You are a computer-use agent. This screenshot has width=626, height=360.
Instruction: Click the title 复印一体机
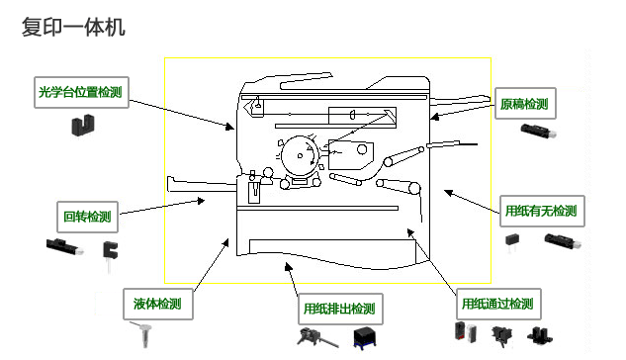pyautogui.click(x=73, y=27)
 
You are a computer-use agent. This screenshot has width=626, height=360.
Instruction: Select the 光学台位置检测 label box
pyautogui.click(x=81, y=92)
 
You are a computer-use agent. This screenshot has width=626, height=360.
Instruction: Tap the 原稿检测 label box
pyautogui.click(x=525, y=104)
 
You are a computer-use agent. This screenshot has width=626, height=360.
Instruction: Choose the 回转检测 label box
pyautogui.click(x=87, y=217)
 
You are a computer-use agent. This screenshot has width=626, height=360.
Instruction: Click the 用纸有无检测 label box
pyautogui.click(x=542, y=211)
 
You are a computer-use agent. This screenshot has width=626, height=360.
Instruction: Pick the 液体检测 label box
pyautogui.click(x=158, y=304)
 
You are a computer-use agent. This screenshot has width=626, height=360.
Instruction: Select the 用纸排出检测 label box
pyautogui.click(x=340, y=309)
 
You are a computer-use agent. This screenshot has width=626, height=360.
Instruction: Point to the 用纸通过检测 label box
pyautogui.click(x=498, y=304)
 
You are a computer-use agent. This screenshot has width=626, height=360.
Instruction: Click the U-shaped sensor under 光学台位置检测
pyautogui.click(x=83, y=125)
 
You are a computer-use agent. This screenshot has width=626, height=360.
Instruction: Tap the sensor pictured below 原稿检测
pyautogui.click(x=538, y=131)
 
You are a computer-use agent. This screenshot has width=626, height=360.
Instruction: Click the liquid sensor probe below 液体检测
pyautogui.click(x=142, y=334)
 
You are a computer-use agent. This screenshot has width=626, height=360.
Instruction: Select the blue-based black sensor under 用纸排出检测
pyautogui.click(x=365, y=337)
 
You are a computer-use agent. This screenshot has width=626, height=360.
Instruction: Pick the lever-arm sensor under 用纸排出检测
pyautogui.click(x=317, y=337)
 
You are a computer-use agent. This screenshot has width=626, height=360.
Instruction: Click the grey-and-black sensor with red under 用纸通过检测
pyautogui.click(x=466, y=332)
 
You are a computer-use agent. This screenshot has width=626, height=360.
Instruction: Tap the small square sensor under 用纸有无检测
pyautogui.click(x=512, y=242)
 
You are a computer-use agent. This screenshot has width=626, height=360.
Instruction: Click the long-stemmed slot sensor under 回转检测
pyautogui.click(x=110, y=254)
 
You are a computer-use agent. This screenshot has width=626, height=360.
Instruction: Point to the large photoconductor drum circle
pyautogui.click(x=300, y=155)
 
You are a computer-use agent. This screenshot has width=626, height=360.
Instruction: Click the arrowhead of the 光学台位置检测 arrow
pyautogui.click(x=230, y=127)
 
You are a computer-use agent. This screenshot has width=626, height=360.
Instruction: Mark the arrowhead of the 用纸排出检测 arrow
pyautogui.click(x=288, y=266)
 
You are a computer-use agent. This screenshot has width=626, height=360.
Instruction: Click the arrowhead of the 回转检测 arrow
pyautogui.click(x=201, y=201)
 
